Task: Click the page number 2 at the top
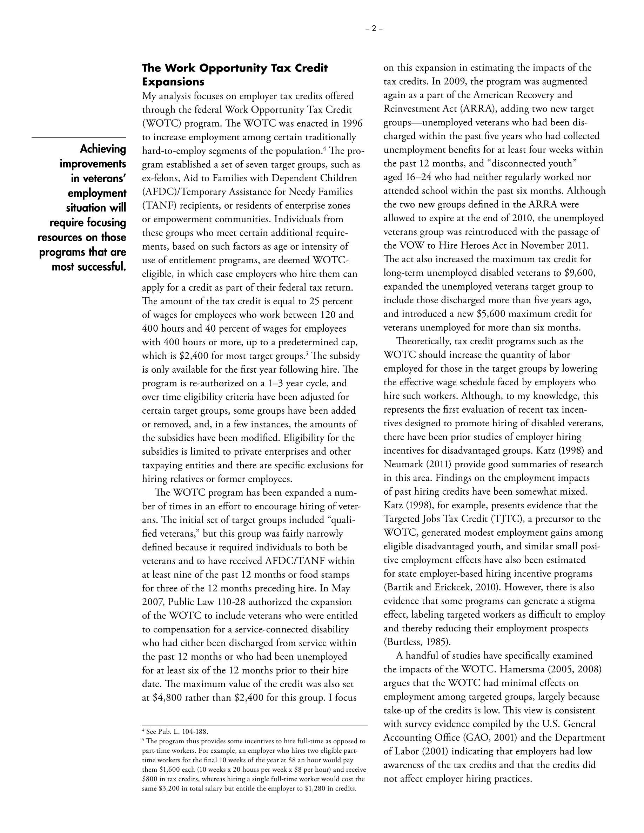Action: [x=374, y=28]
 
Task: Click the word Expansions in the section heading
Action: [x=173, y=82]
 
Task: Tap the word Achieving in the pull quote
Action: [x=103, y=149]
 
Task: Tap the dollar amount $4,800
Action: [x=167, y=698]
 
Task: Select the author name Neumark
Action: [x=402, y=464]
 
